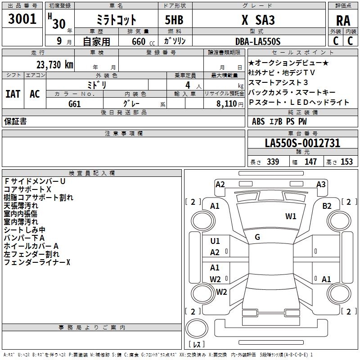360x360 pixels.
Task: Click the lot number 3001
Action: [x=22, y=19]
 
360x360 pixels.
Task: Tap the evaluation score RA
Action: [x=343, y=21]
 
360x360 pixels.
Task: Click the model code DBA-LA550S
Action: [x=257, y=41]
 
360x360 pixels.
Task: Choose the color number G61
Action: [x=75, y=104]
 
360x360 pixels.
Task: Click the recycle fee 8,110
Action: [x=224, y=104]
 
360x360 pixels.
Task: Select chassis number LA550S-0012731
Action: [x=302, y=144]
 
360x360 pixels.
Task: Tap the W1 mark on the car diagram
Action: [x=291, y=216]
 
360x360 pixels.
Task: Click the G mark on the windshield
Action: [x=257, y=237]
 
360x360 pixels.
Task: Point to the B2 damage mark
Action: [x=327, y=206]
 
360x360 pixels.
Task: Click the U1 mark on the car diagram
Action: [x=215, y=241]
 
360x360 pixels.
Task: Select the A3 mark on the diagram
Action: [x=321, y=184]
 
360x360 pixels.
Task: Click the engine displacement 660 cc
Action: [x=138, y=41]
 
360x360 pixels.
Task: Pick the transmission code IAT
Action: [x=13, y=94]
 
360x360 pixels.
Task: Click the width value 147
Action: [x=310, y=162]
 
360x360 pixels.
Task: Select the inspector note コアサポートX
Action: [x=27, y=189]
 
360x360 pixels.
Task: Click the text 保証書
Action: [x=15, y=122]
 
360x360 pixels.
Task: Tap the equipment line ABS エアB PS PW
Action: [x=279, y=121]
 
